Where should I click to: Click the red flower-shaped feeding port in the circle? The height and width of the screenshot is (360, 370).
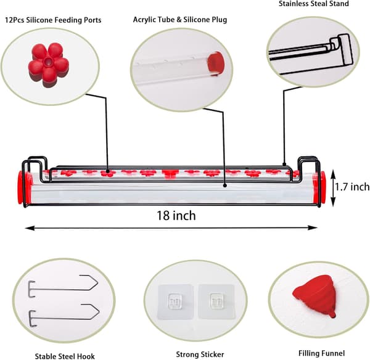click(x=49, y=64)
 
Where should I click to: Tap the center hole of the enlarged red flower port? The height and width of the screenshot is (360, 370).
click(x=49, y=62)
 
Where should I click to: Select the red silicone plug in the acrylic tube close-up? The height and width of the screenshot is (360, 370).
click(x=215, y=63)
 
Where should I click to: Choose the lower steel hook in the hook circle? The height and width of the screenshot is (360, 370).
click(x=64, y=315)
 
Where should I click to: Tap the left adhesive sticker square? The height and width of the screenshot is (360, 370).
click(x=176, y=302)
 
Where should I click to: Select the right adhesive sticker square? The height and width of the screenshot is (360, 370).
click(x=216, y=301)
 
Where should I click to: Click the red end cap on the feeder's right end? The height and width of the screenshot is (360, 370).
click(x=319, y=188)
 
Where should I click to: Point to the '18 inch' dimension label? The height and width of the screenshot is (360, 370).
click(x=176, y=216)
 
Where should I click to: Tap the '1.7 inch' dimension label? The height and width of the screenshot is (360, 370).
click(x=353, y=187)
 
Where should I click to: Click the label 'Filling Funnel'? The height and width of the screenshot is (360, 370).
click(x=321, y=353)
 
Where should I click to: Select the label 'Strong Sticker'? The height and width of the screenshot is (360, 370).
click(x=200, y=354)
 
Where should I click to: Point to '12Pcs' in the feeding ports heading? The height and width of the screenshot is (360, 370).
click(x=14, y=20)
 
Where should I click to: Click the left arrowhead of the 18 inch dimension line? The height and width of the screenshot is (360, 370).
click(x=28, y=228)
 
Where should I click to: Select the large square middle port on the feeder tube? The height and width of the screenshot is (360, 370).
click(x=169, y=173)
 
